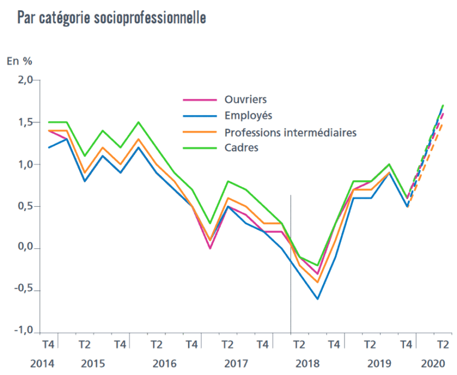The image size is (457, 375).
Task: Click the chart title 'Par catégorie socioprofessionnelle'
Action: click(112, 18)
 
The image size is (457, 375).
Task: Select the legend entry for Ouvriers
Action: click(246, 99)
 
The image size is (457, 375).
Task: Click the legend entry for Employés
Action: click(248, 115)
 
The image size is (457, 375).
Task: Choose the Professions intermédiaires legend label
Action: click(290, 132)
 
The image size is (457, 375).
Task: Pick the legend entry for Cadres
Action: click(242, 148)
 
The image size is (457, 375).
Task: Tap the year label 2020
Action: click(433, 363)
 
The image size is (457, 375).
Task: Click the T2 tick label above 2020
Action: click(443, 344)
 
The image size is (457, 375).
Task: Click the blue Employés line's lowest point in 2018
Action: click(318, 299)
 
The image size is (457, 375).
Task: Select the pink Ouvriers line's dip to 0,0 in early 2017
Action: click(211, 248)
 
